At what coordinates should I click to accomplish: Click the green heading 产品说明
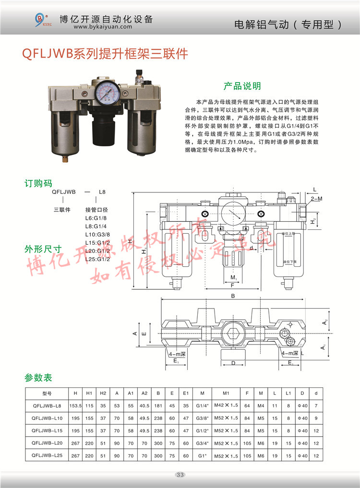(242, 86)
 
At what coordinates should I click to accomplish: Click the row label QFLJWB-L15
(47, 430)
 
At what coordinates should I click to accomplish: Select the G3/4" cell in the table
(202, 443)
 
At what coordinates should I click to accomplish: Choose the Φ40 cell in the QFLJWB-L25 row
(302, 455)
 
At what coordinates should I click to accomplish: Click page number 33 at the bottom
(180, 475)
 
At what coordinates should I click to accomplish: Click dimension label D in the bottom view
(233, 363)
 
